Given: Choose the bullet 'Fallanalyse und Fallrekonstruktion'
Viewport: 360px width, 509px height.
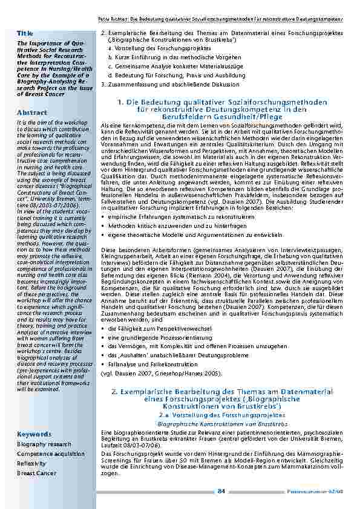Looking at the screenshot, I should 150,365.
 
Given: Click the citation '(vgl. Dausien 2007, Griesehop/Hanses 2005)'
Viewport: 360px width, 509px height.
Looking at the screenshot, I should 160,374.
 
